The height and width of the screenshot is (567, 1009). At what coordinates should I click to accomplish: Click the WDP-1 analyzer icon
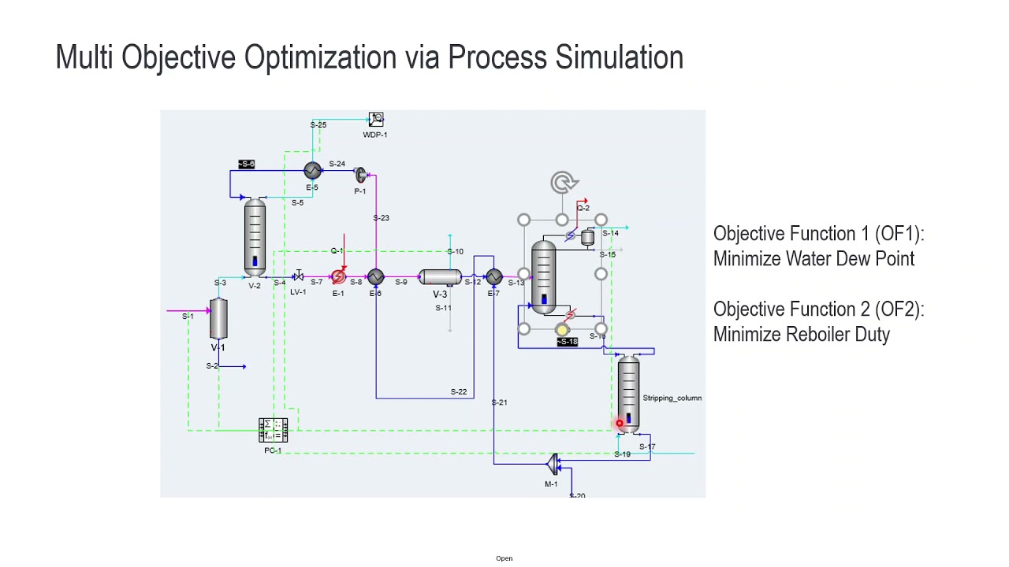pyautogui.click(x=376, y=119)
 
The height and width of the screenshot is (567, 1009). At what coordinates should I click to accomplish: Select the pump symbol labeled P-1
pyautogui.click(x=360, y=175)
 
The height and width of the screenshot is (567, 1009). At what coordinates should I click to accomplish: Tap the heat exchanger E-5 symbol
pyautogui.click(x=312, y=171)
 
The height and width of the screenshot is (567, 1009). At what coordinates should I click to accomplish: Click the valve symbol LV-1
pyautogui.click(x=298, y=276)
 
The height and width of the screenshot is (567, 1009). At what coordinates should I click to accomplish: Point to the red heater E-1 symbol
pyautogui.click(x=338, y=277)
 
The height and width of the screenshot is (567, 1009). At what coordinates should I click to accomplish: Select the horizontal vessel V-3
pyautogui.click(x=440, y=277)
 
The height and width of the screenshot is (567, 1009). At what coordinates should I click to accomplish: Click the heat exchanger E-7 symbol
pyautogui.click(x=493, y=277)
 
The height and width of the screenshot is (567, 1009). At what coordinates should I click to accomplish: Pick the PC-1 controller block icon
pyautogui.click(x=273, y=430)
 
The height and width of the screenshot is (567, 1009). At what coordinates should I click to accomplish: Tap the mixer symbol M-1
pyautogui.click(x=553, y=464)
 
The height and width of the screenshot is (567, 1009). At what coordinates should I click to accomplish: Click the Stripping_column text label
pyautogui.click(x=672, y=398)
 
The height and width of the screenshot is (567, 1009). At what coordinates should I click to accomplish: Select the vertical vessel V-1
pyautogui.click(x=218, y=318)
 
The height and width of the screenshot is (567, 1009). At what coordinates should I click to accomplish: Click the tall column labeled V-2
pyautogui.click(x=255, y=236)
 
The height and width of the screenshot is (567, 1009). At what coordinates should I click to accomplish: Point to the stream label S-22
pyautogui.click(x=458, y=391)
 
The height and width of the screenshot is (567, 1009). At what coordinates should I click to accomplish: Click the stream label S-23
pyautogui.click(x=381, y=218)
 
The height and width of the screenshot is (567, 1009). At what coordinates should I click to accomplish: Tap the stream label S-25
pyautogui.click(x=318, y=125)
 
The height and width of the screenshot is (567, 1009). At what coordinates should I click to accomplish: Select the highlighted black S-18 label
pyautogui.click(x=568, y=342)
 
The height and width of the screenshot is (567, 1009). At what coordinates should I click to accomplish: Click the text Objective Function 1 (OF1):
pyautogui.click(x=818, y=234)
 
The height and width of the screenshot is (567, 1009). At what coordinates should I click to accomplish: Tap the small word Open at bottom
pyautogui.click(x=504, y=558)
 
